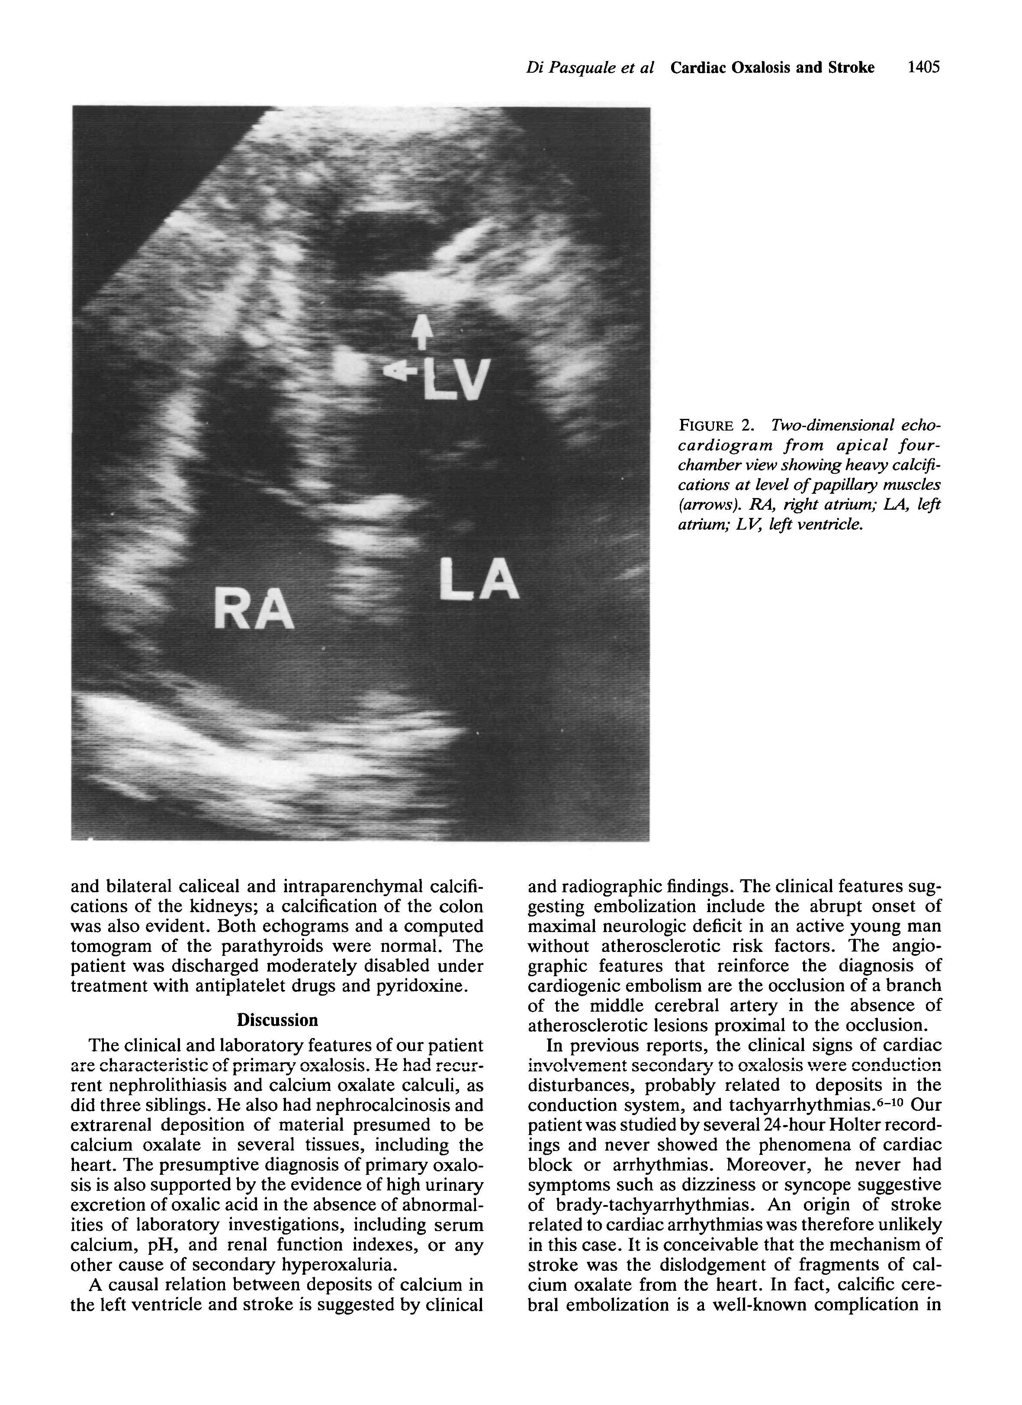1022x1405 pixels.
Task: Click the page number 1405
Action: [923, 67]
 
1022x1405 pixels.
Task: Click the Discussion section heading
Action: [277, 1020]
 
